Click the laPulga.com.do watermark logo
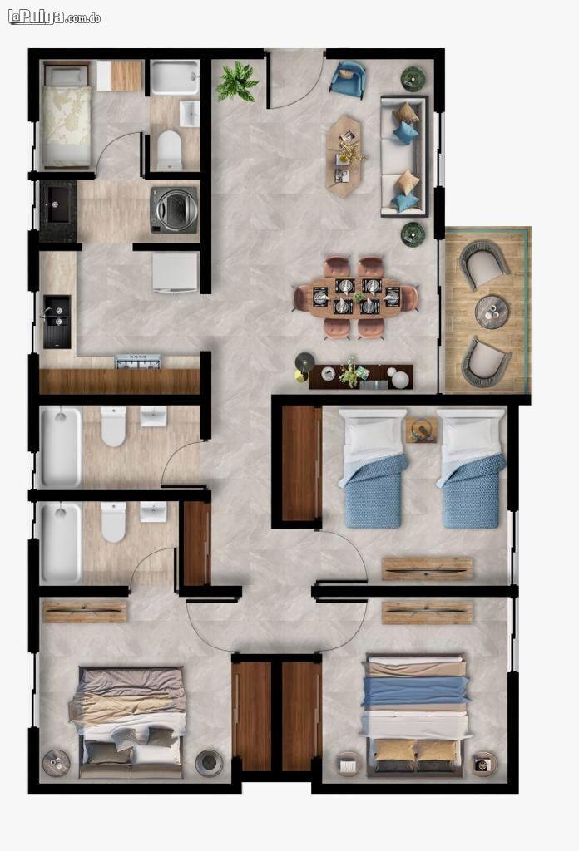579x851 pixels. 54,17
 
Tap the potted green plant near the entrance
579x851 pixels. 237,81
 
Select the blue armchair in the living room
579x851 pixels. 348,78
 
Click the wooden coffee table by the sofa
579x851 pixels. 344,155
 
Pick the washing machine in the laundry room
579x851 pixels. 174,210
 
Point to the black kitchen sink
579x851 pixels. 57,322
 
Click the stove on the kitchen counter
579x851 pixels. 138,362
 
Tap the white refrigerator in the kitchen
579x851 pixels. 175,273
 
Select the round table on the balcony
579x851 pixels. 491,312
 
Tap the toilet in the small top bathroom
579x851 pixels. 169,150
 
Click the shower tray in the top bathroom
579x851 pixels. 175,78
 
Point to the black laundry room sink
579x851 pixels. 57,204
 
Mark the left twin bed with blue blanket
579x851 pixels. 374,469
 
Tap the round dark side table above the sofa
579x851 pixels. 413,78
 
